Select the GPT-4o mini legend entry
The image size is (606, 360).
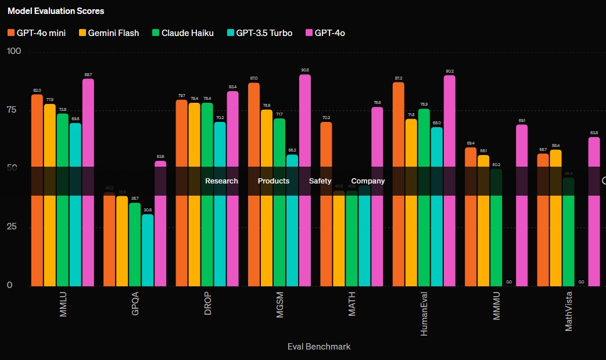point(36,33)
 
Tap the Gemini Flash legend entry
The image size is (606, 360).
point(109,33)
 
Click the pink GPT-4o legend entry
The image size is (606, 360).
point(325,33)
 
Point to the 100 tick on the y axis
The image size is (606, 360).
point(13,52)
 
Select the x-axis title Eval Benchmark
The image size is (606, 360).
point(319,347)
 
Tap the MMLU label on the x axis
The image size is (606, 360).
point(63,304)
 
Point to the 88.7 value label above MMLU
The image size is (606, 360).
point(88,75)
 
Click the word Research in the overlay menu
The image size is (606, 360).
point(221,181)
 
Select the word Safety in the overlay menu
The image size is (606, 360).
point(320,181)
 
